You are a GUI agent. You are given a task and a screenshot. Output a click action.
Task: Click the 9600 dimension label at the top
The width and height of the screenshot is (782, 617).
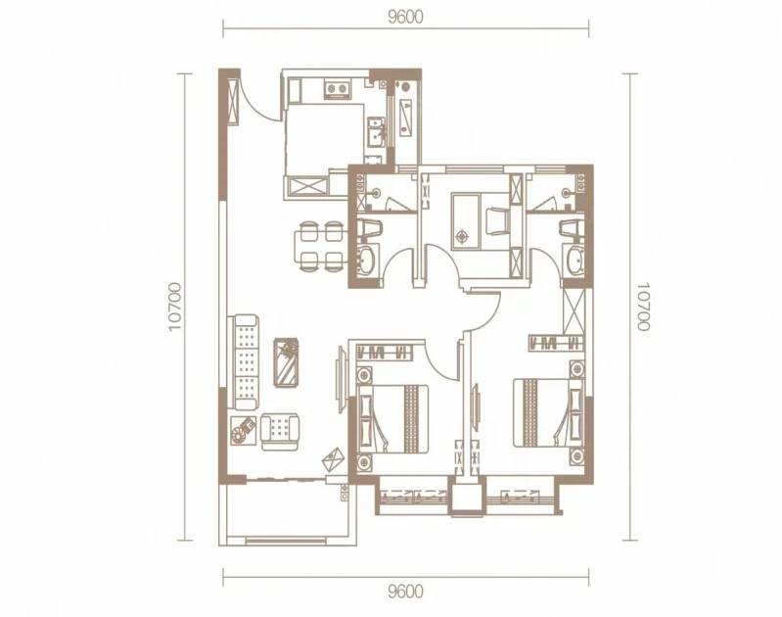pyautogui.click(x=405, y=17)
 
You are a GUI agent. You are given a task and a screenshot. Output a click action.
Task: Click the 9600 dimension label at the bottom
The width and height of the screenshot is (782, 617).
pyautogui.click(x=405, y=592)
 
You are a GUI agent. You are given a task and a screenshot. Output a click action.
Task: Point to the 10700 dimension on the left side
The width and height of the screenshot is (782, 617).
pyautogui.click(x=174, y=307)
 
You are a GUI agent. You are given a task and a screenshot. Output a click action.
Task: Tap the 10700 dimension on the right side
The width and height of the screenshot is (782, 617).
pyautogui.click(x=643, y=307)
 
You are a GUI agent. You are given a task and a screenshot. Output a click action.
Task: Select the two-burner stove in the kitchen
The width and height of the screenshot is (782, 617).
pyautogui.click(x=336, y=89)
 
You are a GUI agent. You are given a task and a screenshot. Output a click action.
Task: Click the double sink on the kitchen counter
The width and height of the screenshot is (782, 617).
pyautogui.click(x=375, y=131)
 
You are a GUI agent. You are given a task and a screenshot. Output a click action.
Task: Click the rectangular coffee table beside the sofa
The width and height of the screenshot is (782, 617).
pyautogui.click(x=286, y=362)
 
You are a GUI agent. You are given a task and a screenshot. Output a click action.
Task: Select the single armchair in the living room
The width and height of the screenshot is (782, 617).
pyautogui.click(x=280, y=432)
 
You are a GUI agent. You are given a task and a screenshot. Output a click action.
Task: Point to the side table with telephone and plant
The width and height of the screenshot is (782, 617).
pyautogui.click(x=244, y=430)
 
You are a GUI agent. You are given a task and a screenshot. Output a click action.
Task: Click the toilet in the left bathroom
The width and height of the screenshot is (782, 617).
pyautogui.click(x=371, y=229)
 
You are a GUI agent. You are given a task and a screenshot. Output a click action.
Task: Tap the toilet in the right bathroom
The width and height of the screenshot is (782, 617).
pyautogui.click(x=571, y=229)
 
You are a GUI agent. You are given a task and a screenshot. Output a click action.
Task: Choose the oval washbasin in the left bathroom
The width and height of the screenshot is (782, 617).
pyautogui.click(x=368, y=260)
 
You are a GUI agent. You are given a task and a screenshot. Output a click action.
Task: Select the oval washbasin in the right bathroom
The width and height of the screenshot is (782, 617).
pyautogui.click(x=576, y=260)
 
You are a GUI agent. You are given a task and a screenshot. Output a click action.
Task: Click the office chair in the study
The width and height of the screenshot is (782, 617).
pyautogui.click(x=497, y=221)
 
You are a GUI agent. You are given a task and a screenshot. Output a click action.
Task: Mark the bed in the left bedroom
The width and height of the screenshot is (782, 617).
pyautogui.click(x=392, y=418)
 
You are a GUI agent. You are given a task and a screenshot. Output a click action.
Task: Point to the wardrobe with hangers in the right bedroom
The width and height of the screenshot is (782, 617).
pyautogui.click(x=556, y=342)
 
